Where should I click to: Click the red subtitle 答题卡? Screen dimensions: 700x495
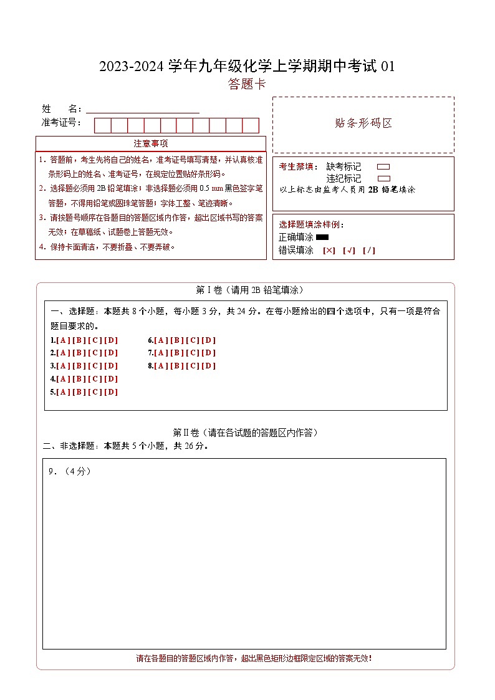click(247, 84)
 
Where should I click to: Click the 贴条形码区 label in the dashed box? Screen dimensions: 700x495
click(363, 123)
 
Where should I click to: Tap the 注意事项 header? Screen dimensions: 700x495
click(150, 143)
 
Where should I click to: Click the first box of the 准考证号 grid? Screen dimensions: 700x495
click(102, 125)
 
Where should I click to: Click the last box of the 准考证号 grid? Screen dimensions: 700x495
click(251, 125)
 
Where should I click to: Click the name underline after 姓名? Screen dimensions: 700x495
click(143, 110)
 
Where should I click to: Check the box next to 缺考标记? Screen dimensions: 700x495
click(384, 167)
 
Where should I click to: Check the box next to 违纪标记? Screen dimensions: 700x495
click(384, 178)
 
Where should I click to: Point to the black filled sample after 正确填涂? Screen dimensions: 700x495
click(322, 237)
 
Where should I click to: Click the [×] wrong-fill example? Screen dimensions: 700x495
click(329, 251)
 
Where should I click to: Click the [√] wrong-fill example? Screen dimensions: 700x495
click(349, 251)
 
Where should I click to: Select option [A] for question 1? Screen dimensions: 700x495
click(62, 340)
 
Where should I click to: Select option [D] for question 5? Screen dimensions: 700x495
click(110, 392)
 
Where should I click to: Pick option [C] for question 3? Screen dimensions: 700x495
click(95, 366)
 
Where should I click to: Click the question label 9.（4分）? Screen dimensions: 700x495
click(70, 472)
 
